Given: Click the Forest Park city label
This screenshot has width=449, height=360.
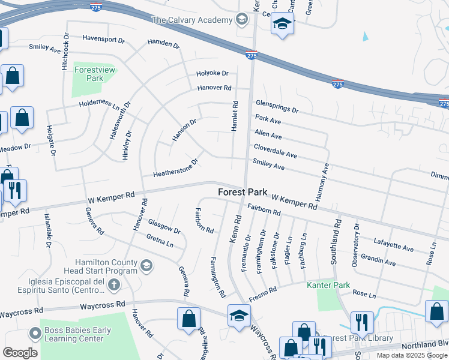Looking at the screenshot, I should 243,193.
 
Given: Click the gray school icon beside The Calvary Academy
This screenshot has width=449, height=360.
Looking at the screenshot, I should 241,20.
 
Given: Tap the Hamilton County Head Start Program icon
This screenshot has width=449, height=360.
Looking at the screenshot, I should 145,265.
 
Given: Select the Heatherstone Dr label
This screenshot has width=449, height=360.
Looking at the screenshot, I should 175,167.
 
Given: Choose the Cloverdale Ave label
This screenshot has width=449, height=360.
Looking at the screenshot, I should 275,151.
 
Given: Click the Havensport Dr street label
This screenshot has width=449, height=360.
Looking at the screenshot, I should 103,40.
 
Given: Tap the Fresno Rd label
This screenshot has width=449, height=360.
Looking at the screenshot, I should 264,293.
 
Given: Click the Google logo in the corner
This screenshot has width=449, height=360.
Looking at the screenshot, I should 20,353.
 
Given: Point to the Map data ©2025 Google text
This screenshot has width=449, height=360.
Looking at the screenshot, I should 412,355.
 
